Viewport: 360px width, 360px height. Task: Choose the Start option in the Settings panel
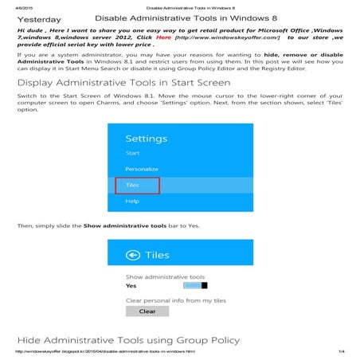[x=133, y=151]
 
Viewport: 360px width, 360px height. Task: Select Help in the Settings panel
[x=132, y=202]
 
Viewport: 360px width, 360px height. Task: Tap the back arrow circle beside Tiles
[x=133, y=256]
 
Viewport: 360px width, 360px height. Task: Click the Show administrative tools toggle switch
[x=195, y=285]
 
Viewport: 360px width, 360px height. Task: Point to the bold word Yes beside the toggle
[x=131, y=285]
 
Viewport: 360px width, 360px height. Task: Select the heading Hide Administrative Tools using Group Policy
[x=127, y=340]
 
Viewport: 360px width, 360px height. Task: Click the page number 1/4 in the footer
[x=340, y=352]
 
